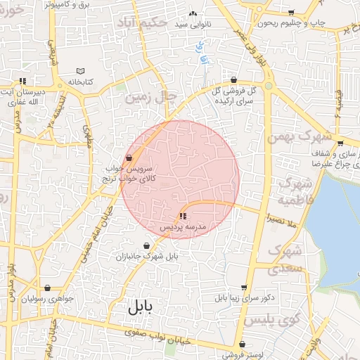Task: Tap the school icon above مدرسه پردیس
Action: pyautogui.click(x=183, y=216)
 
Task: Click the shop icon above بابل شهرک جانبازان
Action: pyautogui.click(x=146, y=246)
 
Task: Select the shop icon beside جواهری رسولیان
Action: pyautogui.click(x=47, y=288)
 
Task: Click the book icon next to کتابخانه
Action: pyautogui.click(x=80, y=71)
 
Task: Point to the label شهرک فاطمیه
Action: pyautogui.click(x=295, y=192)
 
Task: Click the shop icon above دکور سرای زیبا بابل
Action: pyautogui.click(x=244, y=288)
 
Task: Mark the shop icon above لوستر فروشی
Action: pyautogui.click(x=243, y=345)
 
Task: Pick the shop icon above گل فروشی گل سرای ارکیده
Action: pyautogui.click(x=233, y=79)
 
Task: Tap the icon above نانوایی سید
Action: pyautogui.click(x=193, y=13)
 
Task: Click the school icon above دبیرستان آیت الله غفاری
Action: pyautogui.click(x=23, y=80)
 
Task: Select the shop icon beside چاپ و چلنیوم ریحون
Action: pyautogui.click(x=292, y=13)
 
